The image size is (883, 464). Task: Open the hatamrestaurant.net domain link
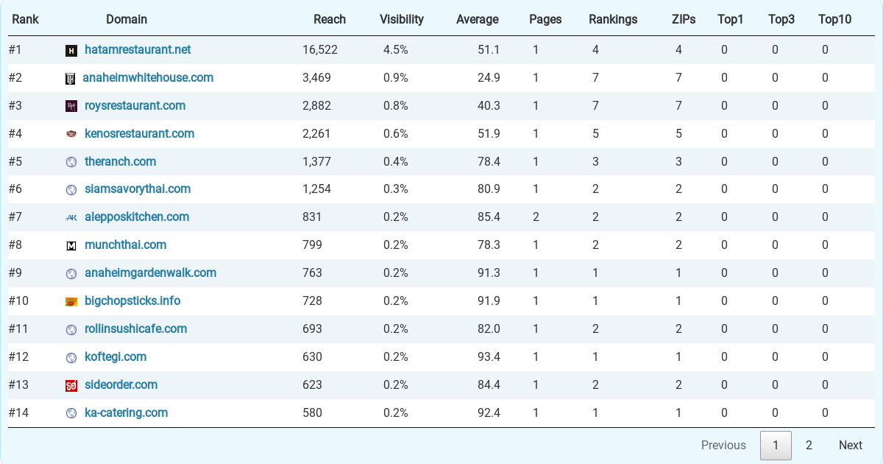click(138, 50)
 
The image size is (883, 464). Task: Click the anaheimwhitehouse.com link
click(148, 78)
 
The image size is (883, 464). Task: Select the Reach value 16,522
click(319, 50)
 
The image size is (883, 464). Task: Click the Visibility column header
click(401, 19)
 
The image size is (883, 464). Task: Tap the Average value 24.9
click(489, 78)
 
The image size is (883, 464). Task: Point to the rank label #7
click(15, 217)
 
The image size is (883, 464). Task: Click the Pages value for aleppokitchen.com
click(536, 217)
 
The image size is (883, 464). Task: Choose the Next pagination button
click(851, 445)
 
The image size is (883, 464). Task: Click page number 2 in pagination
click(809, 445)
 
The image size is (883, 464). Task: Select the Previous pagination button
click(723, 445)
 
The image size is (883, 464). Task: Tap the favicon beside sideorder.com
click(71, 385)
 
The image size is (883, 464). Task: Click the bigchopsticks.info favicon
click(71, 302)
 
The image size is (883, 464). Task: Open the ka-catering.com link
click(126, 412)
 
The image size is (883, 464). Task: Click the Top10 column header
click(834, 19)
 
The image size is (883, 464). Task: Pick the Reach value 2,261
click(316, 134)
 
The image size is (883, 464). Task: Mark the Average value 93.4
click(489, 357)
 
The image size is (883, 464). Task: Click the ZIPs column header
click(684, 19)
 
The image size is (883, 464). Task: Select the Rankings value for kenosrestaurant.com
click(595, 134)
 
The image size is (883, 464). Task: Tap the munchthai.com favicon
click(71, 246)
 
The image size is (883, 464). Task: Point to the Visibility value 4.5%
click(395, 50)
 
